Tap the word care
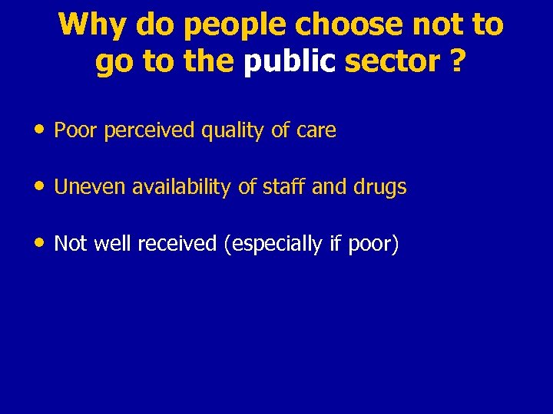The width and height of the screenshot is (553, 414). coord(316,131)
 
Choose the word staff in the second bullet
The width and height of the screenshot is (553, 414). coord(274,187)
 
